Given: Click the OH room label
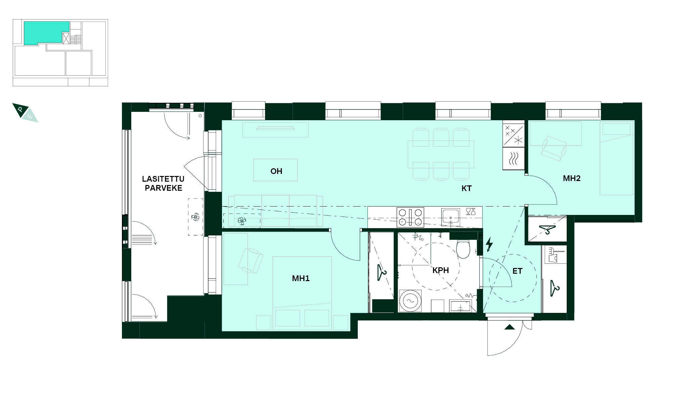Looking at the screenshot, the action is [276, 171].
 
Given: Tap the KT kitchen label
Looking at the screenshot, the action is [467, 188].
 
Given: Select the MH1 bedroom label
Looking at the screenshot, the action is [301, 278].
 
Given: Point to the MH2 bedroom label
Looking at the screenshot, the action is [571, 178].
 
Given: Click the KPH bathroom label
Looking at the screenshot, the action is [440, 270].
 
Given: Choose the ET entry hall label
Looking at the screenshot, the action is [517, 271].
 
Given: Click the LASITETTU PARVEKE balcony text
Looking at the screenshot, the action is [163, 183].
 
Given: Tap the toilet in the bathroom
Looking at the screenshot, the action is [463, 250].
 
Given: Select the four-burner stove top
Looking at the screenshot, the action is [410, 217].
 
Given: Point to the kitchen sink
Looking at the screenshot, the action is [450, 217].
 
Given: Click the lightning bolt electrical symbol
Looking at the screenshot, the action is [489, 244].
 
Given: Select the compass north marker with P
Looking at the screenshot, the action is [20, 110].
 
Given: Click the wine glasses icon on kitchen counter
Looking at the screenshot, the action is [471, 211].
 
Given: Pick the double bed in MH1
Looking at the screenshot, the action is [302, 293].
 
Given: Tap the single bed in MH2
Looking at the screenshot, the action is [616, 159].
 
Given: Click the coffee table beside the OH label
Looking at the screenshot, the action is [275, 170].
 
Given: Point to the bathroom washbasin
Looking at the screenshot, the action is [461, 306].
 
